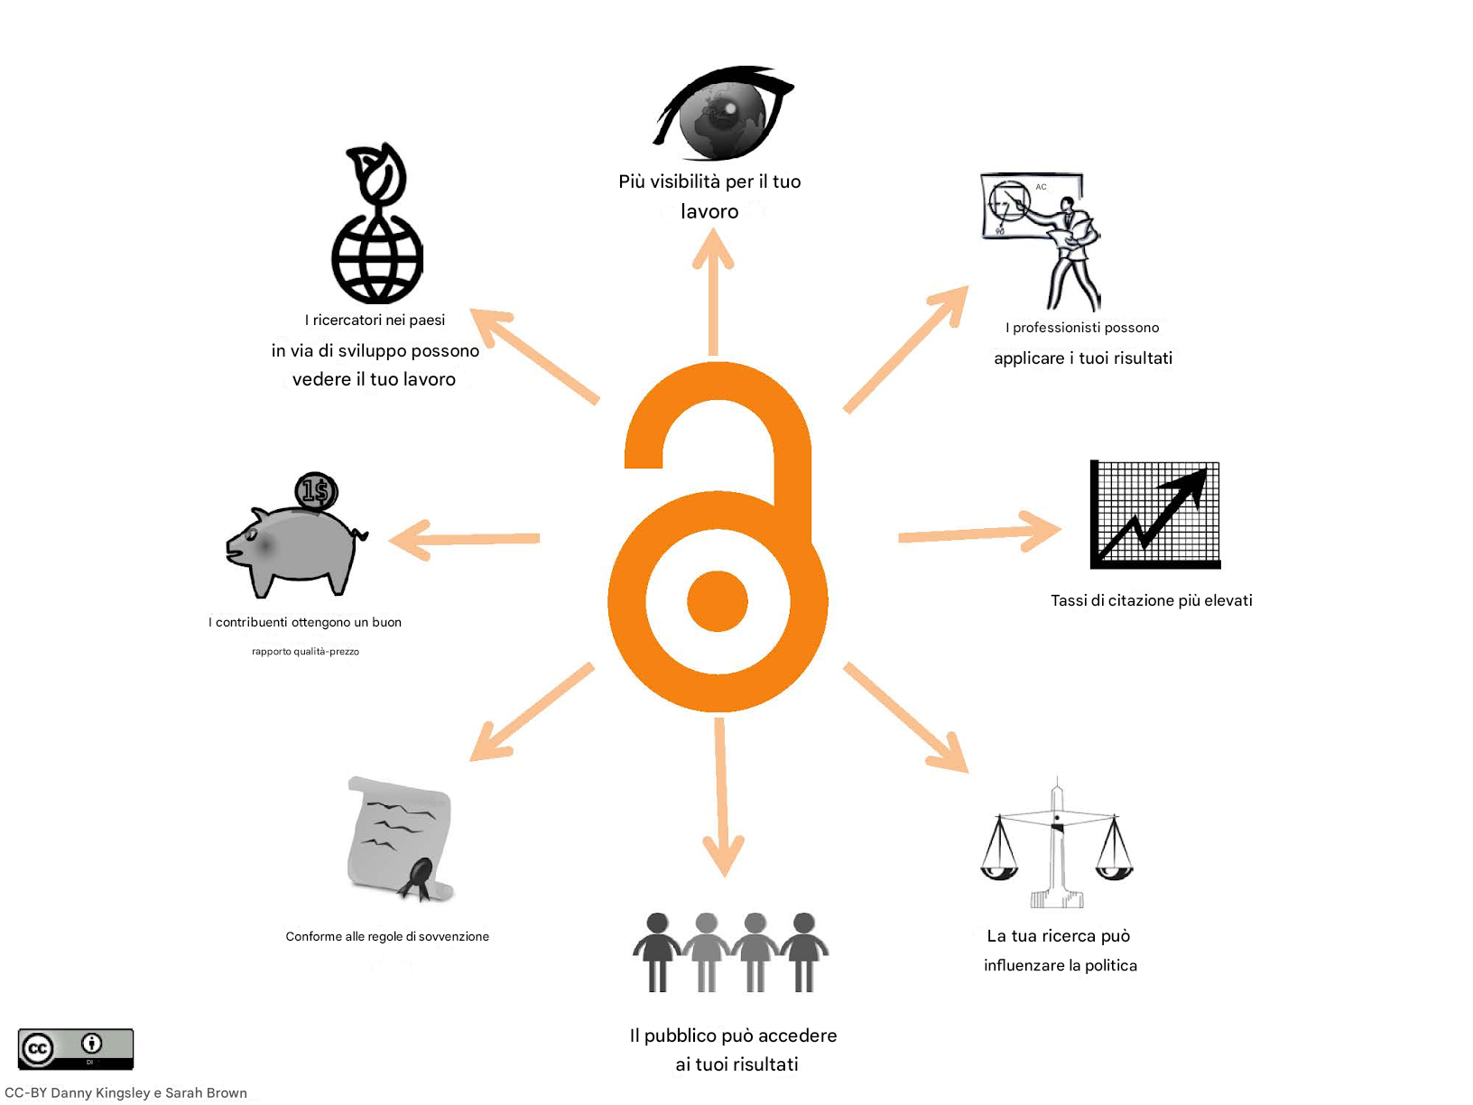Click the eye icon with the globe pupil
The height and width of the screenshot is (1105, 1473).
(723, 113)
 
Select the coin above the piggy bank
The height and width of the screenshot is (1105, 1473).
(316, 491)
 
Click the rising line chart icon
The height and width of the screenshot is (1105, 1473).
(1155, 515)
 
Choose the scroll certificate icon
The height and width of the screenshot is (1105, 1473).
(400, 839)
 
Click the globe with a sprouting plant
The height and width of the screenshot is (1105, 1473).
(377, 223)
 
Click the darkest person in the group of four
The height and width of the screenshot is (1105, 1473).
(657, 952)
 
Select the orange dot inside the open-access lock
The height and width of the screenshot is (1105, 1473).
(718, 600)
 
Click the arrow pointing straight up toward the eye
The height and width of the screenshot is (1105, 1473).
(713, 292)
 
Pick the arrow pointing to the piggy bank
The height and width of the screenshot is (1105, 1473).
(464, 539)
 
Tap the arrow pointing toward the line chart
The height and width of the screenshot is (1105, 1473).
(980, 532)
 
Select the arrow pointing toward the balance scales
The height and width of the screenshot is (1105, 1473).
(906, 718)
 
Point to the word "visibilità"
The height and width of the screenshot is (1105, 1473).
(685, 181)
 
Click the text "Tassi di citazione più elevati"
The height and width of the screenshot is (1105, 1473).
(1152, 600)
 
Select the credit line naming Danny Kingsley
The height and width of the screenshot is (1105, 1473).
(125, 1092)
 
